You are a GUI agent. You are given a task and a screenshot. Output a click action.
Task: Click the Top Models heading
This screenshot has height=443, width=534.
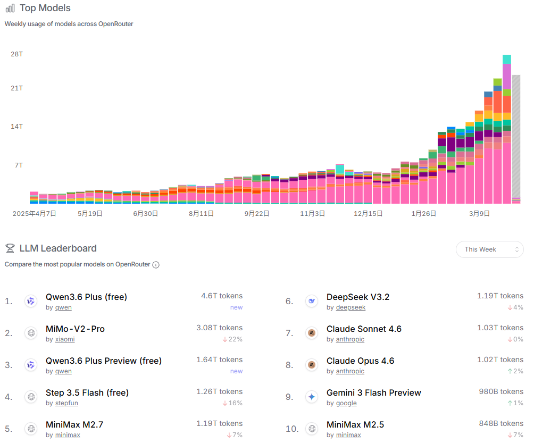pos(45,8)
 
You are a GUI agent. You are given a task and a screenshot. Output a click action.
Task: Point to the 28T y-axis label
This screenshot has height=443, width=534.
pos(16,54)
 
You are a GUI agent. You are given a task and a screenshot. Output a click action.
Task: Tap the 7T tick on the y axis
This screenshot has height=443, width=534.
pos(18,165)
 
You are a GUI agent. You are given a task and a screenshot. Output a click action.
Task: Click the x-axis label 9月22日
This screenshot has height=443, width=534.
pos(257,213)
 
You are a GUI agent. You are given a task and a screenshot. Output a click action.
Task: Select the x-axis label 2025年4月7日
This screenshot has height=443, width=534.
pos(35,213)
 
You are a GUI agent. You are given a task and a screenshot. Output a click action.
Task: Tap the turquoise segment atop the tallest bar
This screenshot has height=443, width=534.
pos(507,59)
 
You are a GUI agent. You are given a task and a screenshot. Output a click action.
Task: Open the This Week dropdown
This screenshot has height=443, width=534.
pos(489,249)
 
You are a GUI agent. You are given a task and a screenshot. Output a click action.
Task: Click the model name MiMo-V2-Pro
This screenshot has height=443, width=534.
pos(75,329)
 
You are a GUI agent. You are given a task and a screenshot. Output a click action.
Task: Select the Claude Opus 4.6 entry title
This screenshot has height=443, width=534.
pos(360,361)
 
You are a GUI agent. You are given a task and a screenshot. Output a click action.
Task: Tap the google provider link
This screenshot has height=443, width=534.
pos(346,403)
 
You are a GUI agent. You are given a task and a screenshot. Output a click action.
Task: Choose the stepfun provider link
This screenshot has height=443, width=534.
pos(68,403)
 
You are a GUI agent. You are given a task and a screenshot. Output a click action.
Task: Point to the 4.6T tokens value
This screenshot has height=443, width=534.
pos(222,296)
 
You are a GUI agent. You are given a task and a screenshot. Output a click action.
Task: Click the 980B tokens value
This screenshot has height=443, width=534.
pos(501,391)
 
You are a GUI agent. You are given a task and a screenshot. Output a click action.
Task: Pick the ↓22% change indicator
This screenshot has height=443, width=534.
pos(232,339)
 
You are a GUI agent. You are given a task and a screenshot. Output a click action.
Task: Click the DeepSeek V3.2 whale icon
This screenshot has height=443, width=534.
pos(312,301)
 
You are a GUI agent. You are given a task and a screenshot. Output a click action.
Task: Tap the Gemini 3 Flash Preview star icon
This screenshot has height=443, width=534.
pos(312,397)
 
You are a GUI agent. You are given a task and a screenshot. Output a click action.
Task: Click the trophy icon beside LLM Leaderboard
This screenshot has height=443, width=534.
pos(10,248)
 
